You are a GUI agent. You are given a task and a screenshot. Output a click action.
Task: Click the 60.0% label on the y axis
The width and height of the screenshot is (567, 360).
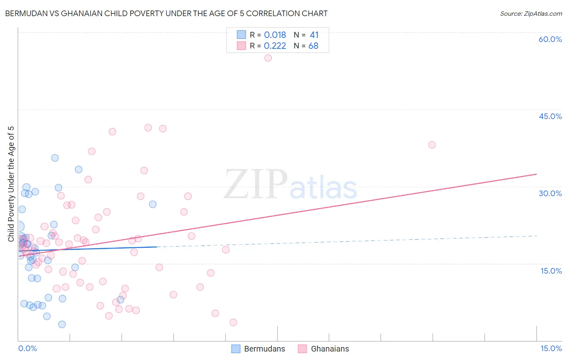(550, 39)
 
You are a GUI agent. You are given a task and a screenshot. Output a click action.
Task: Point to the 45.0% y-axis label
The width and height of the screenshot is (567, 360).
(550, 116)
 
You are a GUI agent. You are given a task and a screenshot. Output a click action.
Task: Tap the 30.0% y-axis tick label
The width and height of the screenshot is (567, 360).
(550, 193)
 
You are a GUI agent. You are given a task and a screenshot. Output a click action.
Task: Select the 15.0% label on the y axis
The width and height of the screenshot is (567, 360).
(551, 271)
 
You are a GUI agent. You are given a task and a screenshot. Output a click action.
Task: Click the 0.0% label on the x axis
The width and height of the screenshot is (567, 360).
(27, 349)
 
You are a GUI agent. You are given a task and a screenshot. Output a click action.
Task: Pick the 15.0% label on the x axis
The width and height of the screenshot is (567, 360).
(551, 349)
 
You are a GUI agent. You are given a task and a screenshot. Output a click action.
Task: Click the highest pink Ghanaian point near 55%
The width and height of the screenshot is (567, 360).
(268, 58)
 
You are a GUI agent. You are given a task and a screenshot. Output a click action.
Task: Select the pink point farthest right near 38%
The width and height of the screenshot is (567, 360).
(432, 145)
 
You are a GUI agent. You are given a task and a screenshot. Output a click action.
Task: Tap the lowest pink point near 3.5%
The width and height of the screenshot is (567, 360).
(233, 322)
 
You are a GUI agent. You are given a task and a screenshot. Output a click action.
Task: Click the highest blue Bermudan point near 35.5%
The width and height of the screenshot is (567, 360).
(55, 158)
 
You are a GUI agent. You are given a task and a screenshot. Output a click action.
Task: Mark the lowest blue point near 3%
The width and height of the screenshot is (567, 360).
(62, 324)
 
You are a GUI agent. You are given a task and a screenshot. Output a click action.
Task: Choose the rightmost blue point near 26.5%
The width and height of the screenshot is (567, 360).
(153, 204)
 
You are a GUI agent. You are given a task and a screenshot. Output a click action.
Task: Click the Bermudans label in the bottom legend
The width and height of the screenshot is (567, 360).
(265, 349)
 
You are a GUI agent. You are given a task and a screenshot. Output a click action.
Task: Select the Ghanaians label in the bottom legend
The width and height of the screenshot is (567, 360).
(330, 349)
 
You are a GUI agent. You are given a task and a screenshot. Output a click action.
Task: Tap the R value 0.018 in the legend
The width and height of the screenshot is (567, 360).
(275, 35)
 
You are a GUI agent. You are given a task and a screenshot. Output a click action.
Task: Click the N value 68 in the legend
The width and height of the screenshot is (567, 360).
(313, 46)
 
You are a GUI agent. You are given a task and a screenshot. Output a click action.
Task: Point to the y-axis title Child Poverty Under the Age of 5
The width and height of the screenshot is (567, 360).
(11, 184)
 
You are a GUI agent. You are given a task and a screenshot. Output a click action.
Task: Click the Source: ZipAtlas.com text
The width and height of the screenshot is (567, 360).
(531, 14)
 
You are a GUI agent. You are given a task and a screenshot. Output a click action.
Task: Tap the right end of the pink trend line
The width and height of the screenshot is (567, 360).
(536, 174)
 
